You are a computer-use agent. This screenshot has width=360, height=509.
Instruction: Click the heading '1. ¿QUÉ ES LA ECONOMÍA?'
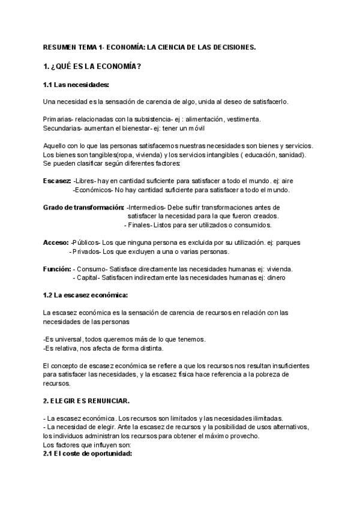(x=92, y=66)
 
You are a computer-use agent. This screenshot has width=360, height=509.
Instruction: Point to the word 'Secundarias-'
(x=64, y=128)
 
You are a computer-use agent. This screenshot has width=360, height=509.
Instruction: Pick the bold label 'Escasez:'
(x=57, y=181)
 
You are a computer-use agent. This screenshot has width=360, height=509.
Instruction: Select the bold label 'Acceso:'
(x=56, y=242)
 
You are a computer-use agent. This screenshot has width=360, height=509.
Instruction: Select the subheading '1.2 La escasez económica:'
(x=85, y=295)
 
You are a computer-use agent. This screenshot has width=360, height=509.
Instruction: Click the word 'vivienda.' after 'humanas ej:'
(x=280, y=269)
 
